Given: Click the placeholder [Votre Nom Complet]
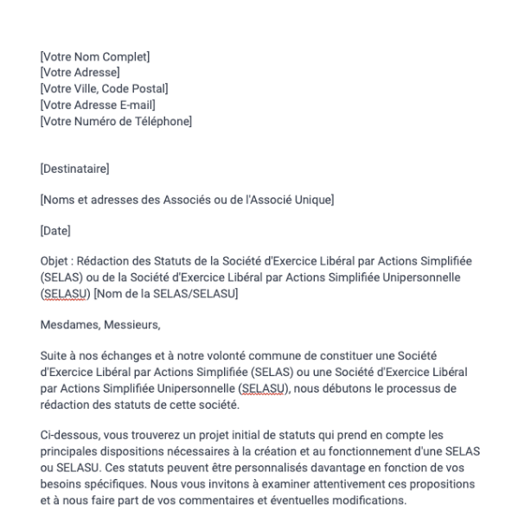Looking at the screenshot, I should tap(95, 57).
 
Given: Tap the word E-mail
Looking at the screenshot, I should tap(131, 105).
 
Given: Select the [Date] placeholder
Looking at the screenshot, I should tap(55, 232).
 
